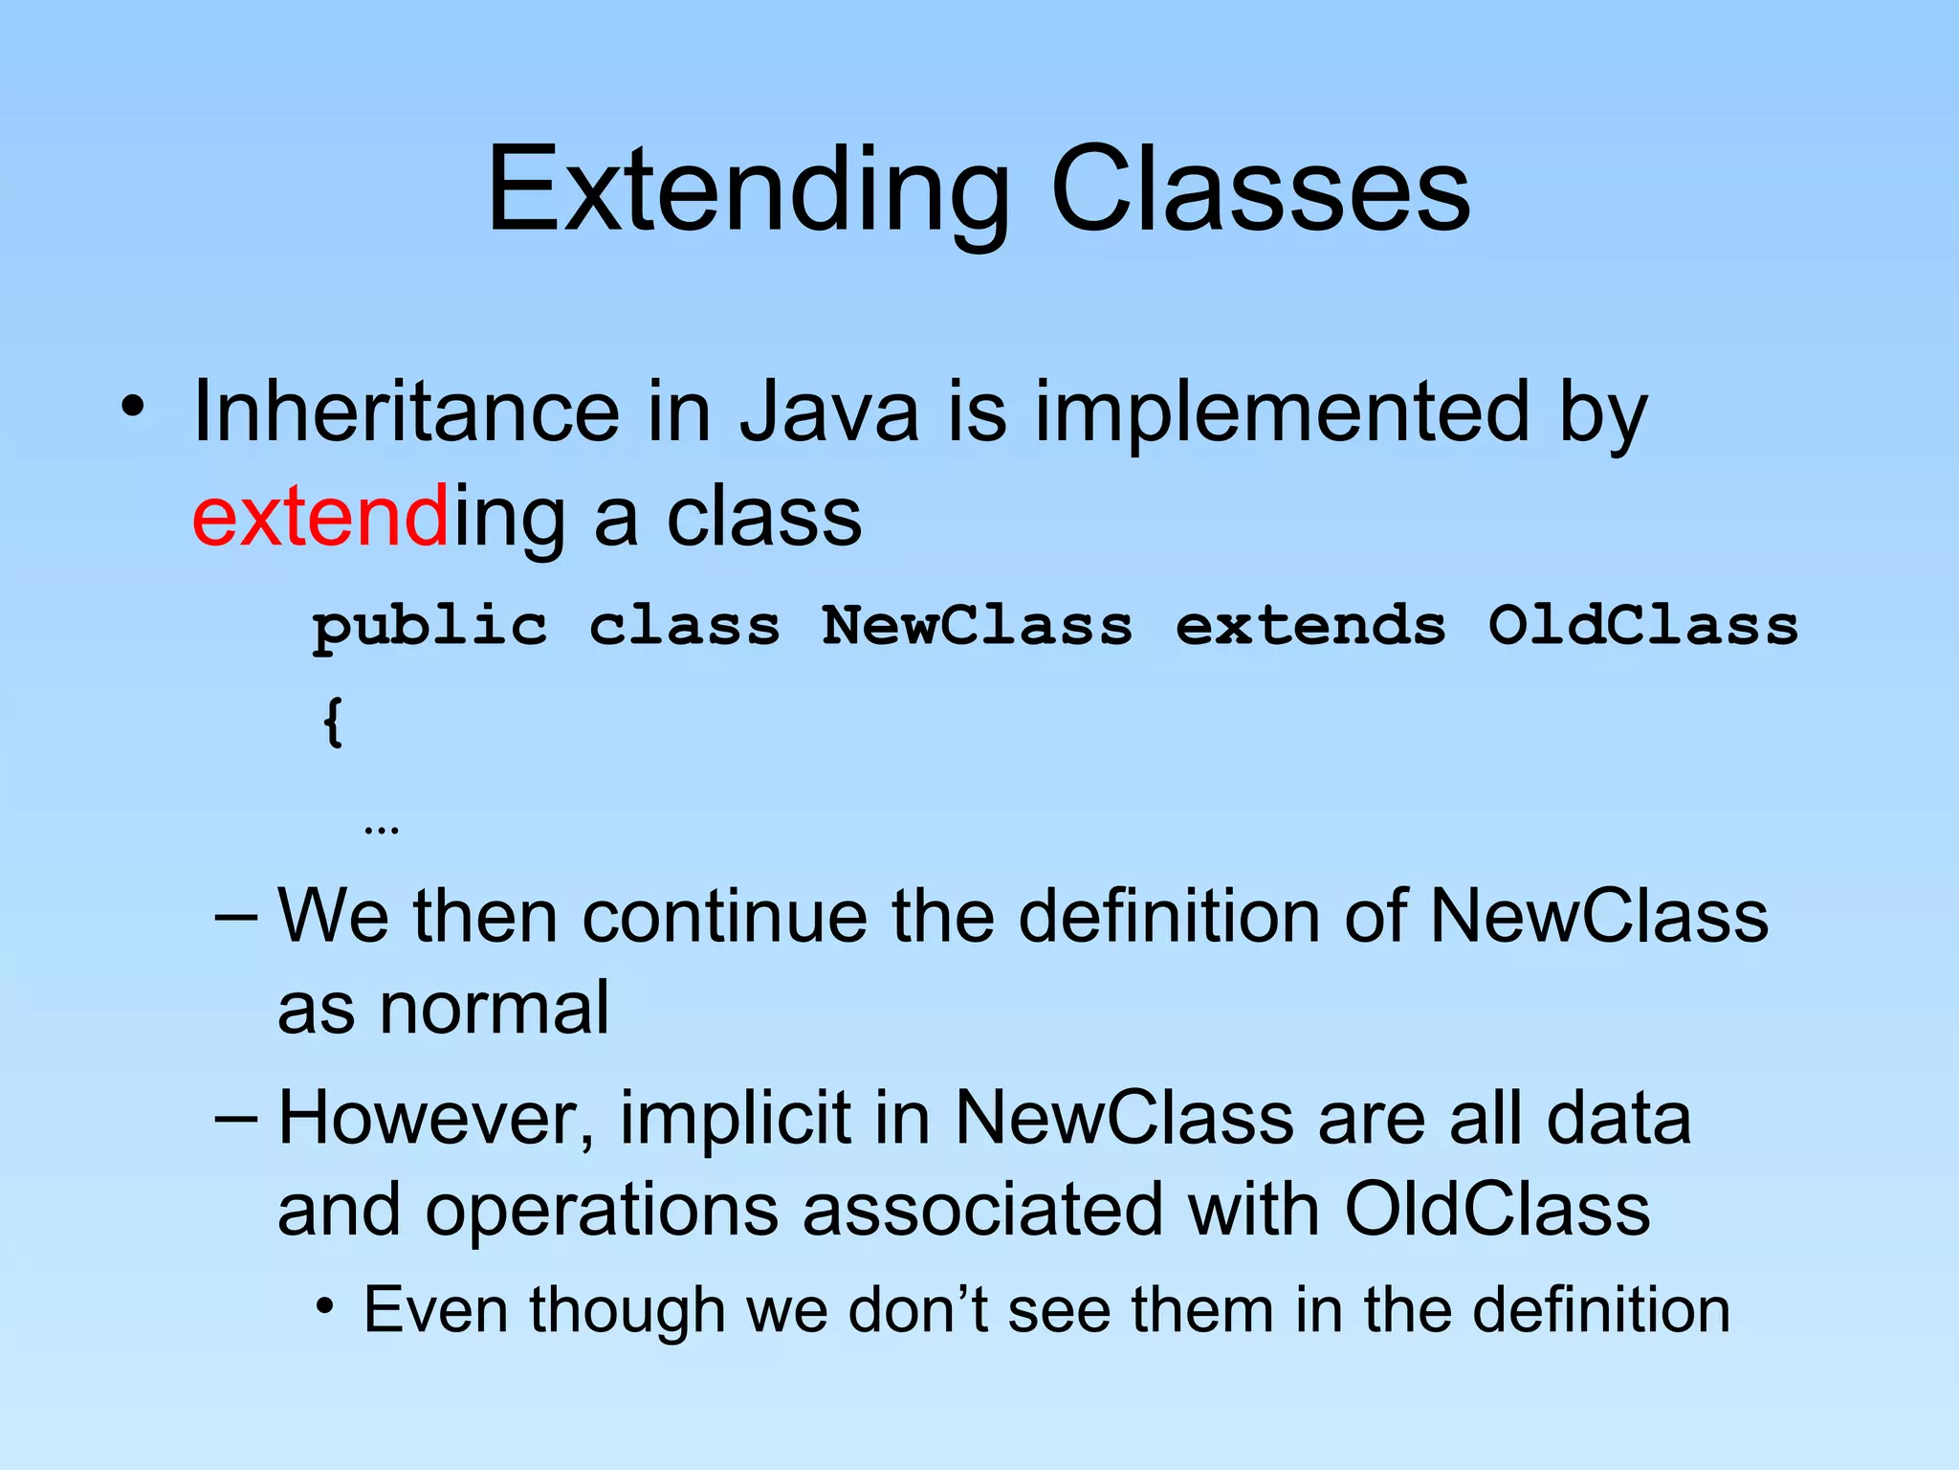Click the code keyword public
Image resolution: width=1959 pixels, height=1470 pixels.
point(430,628)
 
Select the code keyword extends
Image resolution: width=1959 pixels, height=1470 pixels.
point(1310,626)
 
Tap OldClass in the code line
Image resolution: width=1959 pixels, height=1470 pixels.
point(1642,626)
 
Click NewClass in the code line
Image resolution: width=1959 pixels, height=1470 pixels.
point(977,626)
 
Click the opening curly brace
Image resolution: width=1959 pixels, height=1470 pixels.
point(332,722)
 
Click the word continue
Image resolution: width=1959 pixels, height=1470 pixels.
point(724,917)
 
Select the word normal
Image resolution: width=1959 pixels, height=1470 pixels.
point(494,1009)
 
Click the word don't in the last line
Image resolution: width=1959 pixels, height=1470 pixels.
point(918,1310)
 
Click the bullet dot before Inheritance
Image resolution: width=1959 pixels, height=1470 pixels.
point(133,408)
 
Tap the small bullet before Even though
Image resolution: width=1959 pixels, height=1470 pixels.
point(325,1305)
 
